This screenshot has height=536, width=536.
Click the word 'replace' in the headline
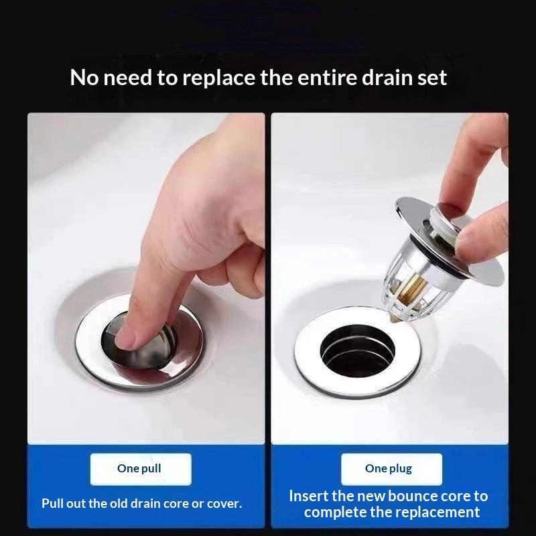pyautogui.click(x=219, y=78)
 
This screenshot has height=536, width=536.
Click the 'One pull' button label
pyautogui.click(x=139, y=468)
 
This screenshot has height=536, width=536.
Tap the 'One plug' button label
pyautogui.click(x=389, y=468)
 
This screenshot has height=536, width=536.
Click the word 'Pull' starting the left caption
pyautogui.click(x=52, y=504)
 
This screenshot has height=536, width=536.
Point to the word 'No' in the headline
pyautogui.click(x=84, y=78)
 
